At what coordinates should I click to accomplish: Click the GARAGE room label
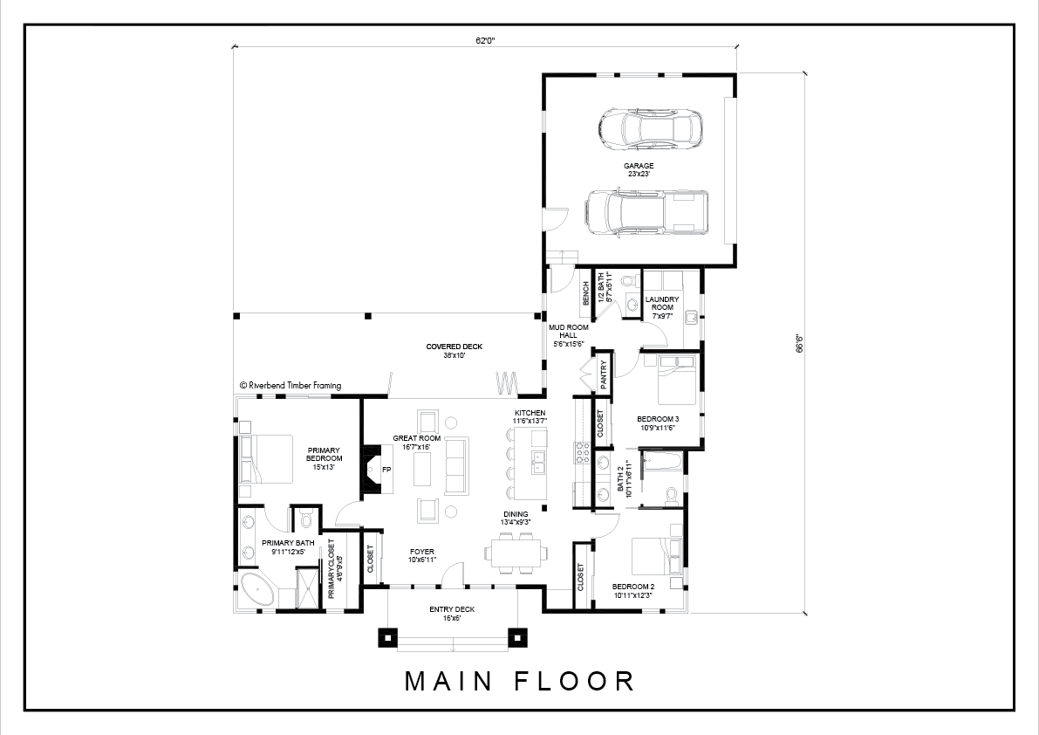(x=639, y=166)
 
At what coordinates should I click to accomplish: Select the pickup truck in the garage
(x=646, y=213)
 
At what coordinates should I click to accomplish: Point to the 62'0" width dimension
(x=485, y=41)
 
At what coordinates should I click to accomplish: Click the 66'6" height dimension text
(x=800, y=343)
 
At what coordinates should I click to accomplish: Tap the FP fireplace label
(x=387, y=470)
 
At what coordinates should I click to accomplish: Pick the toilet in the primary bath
(x=305, y=519)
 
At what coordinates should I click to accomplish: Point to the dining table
(x=516, y=552)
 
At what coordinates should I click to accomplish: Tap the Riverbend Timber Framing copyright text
(x=291, y=385)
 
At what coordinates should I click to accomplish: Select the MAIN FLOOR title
(x=520, y=681)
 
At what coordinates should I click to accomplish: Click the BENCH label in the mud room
(x=585, y=293)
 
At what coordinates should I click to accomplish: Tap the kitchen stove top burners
(x=583, y=451)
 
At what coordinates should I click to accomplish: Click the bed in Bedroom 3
(x=677, y=381)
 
